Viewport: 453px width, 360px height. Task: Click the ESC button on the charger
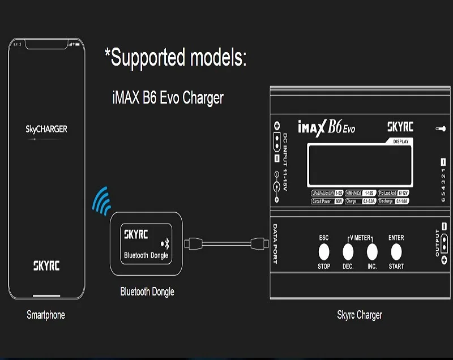[324, 251]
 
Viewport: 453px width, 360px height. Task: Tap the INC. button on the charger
[372, 250]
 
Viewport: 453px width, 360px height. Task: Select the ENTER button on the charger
[396, 251]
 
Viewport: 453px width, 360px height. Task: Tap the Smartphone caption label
[46, 315]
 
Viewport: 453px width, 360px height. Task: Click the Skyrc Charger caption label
[360, 315]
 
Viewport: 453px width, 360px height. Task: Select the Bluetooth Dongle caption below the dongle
[147, 292]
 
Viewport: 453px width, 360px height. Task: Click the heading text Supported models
[176, 58]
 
